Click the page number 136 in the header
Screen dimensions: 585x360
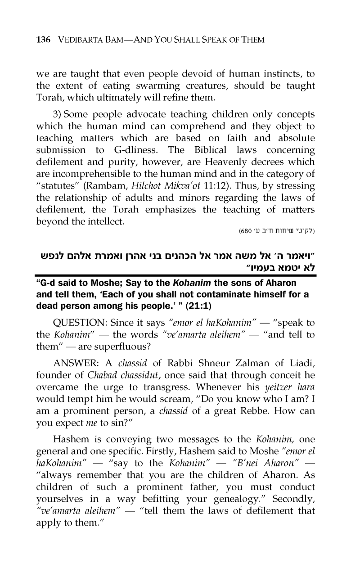(43, 40)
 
